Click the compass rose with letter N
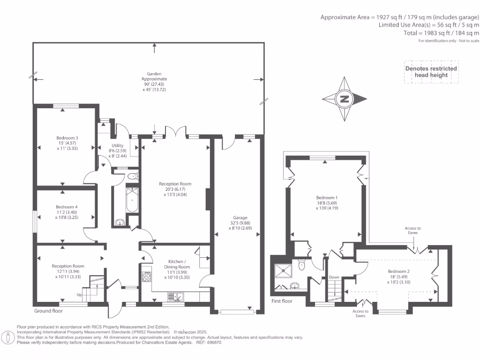coord(345,99)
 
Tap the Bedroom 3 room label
coord(67,138)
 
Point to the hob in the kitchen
coord(146,277)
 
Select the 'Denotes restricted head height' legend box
coord(431,72)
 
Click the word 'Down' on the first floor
coord(334,277)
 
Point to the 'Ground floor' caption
coord(48,311)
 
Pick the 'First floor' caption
coord(282,301)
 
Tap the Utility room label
coord(117,146)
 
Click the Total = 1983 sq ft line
coord(441,33)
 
